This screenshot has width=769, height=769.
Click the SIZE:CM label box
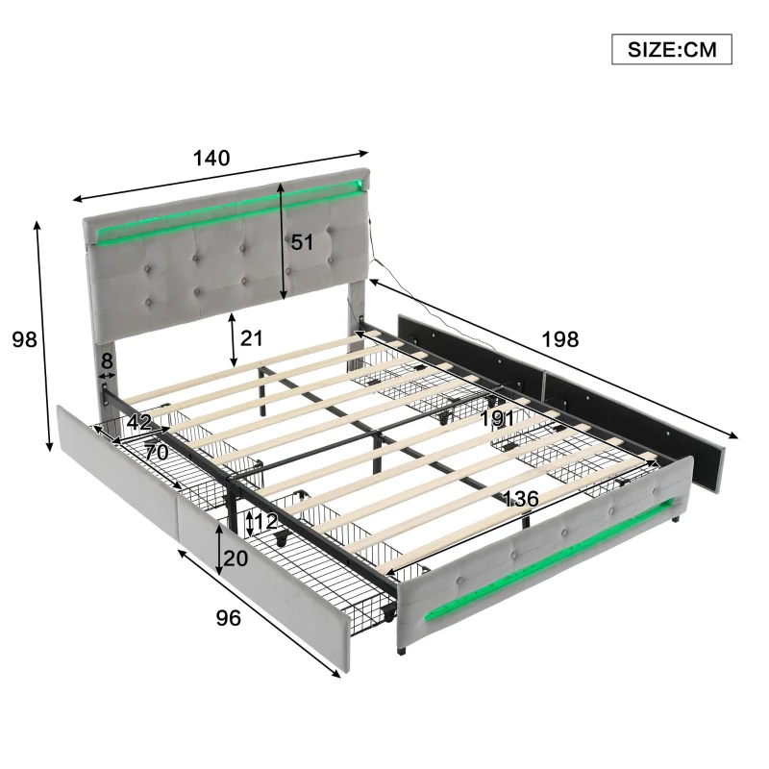pos(672,49)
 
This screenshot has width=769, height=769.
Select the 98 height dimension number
pos(22,338)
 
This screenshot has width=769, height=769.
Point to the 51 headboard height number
pos(303,243)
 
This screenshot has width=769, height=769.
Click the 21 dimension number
pos(252,338)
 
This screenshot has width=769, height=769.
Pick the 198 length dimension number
pos(559,338)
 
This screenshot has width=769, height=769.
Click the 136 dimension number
pos(520,500)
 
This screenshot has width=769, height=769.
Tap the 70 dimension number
pos(157,452)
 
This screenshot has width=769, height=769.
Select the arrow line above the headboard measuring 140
pos(221,175)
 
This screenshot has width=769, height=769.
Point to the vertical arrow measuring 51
pos(282,242)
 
